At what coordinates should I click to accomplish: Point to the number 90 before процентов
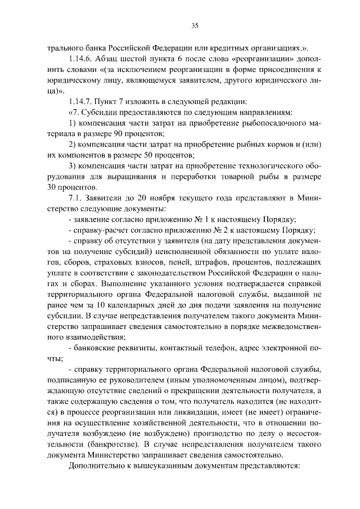point(120,133)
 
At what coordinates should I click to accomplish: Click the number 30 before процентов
point(53,187)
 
